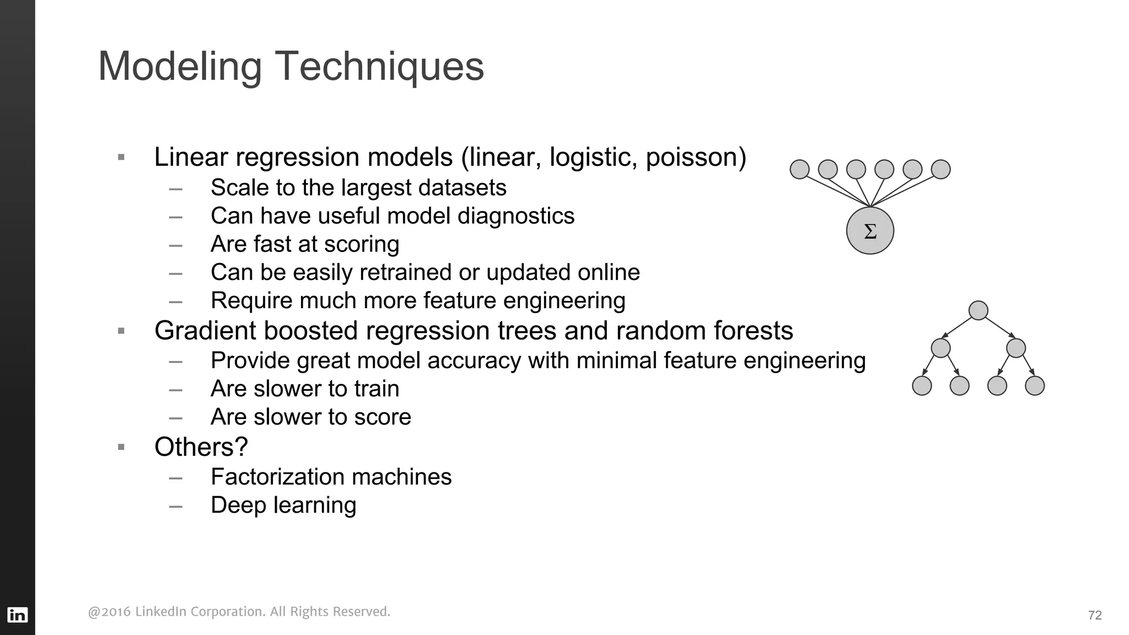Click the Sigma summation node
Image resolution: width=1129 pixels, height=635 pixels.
(870, 231)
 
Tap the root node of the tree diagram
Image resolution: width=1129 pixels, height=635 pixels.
(978, 310)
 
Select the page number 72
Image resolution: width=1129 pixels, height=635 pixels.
(1095, 615)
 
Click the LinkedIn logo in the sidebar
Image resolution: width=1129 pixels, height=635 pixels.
(17, 615)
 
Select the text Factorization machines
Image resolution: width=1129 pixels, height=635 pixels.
(331, 477)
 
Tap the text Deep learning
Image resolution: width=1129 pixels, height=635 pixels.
(283, 505)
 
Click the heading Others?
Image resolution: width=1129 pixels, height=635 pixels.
(201, 446)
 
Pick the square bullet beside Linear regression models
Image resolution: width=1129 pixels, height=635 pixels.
(121, 158)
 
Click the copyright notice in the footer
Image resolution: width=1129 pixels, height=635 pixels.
(239, 612)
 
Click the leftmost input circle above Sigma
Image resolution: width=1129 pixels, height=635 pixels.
(799, 169)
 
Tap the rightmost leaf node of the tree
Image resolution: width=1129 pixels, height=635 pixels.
(1034, 386)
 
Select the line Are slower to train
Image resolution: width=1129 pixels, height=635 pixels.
(305, 389)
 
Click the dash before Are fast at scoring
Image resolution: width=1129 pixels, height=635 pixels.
(176, 245)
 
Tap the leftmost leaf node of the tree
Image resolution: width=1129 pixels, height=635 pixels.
(922, 386)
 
